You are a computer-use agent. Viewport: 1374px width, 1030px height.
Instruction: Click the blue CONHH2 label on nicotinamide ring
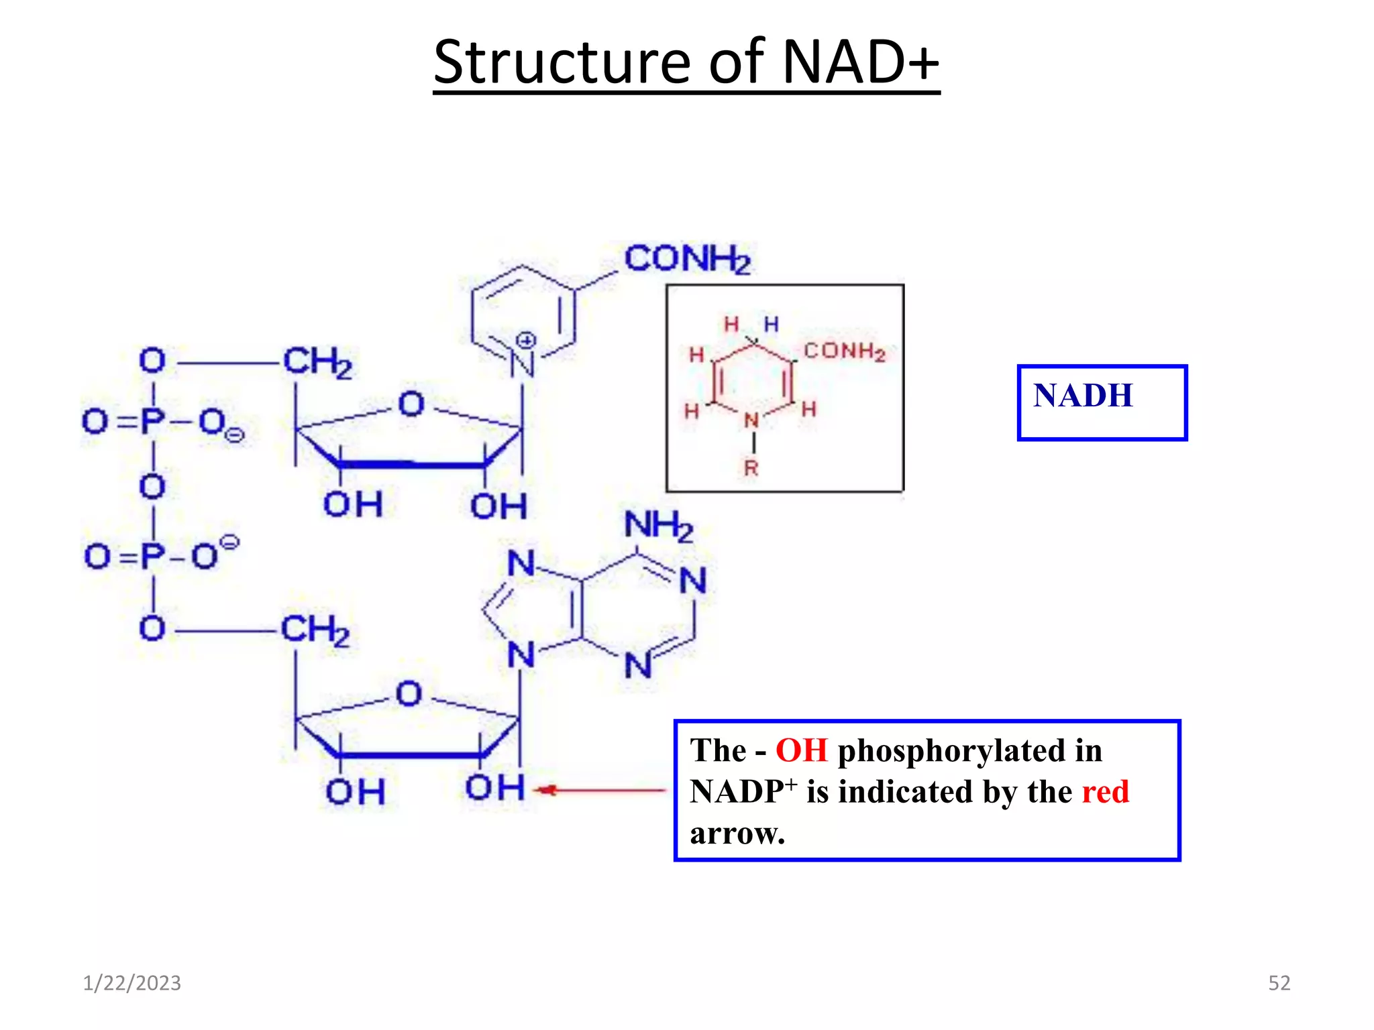[687, 259]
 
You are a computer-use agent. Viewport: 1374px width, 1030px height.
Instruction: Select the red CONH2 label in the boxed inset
[844, 351]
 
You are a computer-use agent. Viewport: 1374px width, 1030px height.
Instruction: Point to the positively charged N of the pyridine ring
[521, 364]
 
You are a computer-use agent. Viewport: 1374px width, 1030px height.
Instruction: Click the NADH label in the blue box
[1083, 395]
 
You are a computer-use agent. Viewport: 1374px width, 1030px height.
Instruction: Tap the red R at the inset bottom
[751, 468]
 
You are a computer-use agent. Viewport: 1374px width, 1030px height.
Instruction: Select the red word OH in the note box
[801, 750]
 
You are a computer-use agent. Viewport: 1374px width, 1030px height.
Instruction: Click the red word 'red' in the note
[1105, 792]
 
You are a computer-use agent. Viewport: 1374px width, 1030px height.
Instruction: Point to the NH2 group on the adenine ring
[658, 525]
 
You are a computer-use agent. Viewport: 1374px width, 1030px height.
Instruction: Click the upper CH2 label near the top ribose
[317, 362]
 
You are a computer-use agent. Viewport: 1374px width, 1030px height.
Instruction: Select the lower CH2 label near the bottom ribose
[315, 630]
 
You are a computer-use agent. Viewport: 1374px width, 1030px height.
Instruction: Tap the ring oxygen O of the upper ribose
[411, 404]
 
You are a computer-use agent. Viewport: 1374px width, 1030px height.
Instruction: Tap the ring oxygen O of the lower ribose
[409, 693]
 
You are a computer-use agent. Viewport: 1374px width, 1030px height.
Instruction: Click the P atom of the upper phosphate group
[152, 421]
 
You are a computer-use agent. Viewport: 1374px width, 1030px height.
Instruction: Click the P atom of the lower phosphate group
[153, 556]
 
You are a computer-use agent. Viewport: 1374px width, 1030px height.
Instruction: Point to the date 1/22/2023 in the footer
[131, 983]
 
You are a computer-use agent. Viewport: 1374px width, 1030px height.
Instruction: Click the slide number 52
[1279, 983]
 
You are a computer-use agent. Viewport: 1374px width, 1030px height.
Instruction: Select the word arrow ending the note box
[737, 834]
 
